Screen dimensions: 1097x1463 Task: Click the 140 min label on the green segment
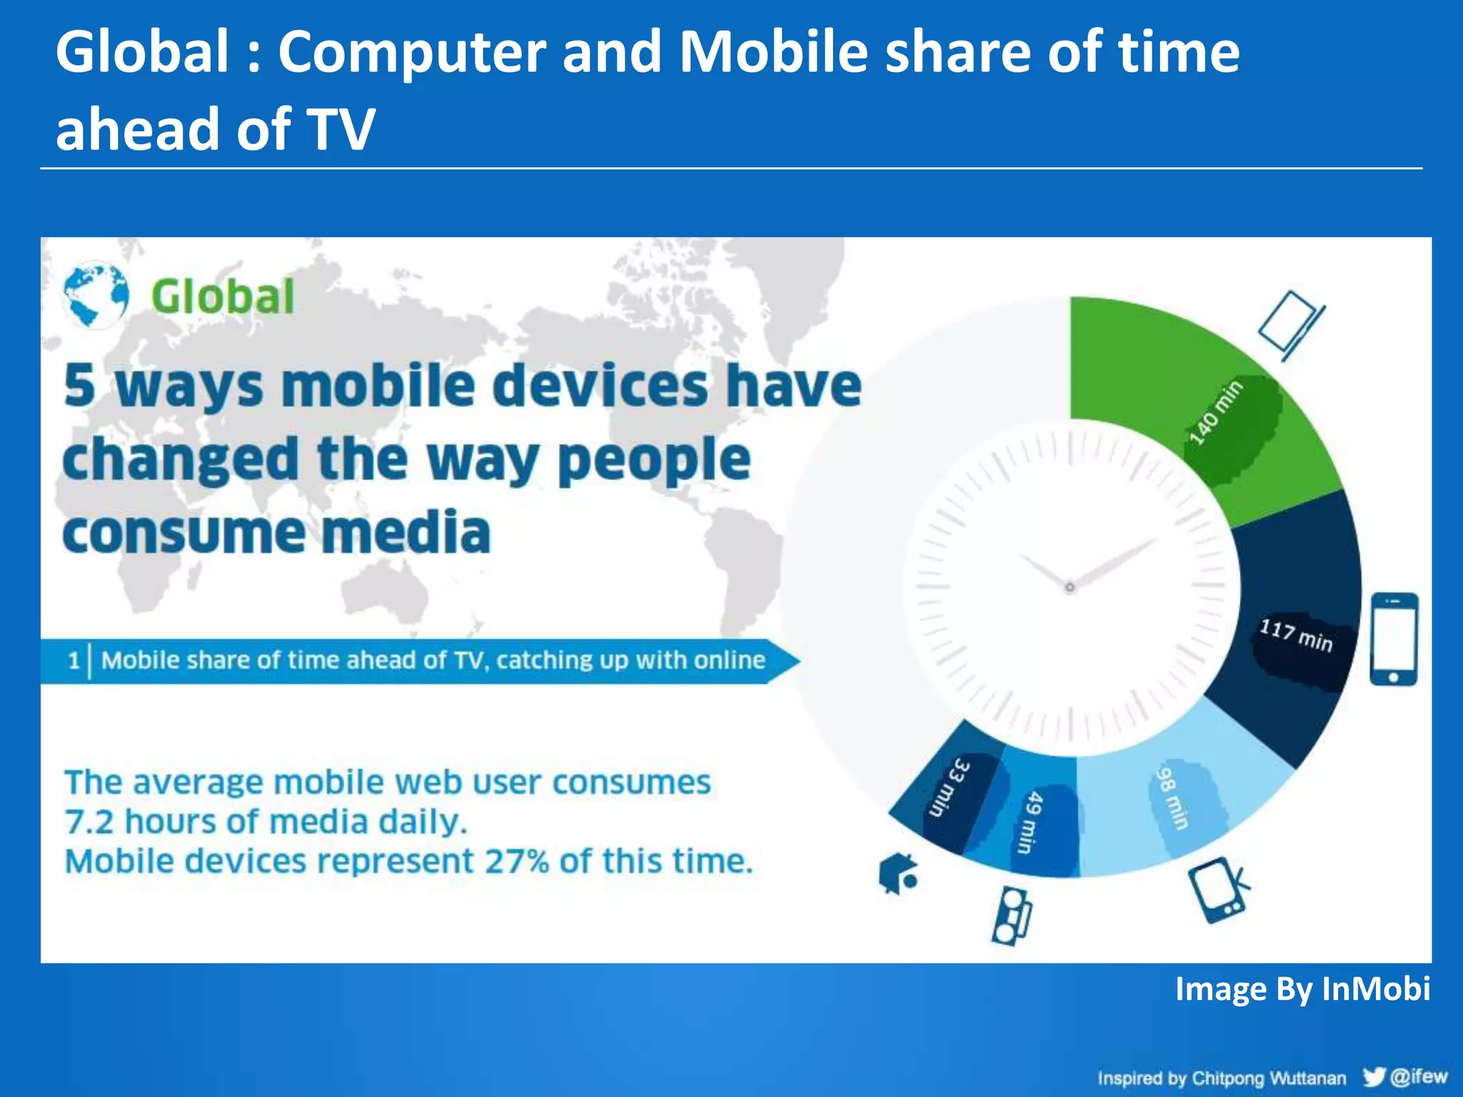tap(1216, 414)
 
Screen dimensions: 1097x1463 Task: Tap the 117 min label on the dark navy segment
tap(1296, 635)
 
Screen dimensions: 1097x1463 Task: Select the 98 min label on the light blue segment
tap(1172, 798)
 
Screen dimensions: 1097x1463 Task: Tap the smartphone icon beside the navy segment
tap(1394, 638)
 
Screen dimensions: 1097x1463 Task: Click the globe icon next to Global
tap(96, 295)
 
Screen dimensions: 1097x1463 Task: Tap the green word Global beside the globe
tap(223, 296)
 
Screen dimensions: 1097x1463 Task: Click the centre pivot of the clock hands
tap(1069, 588)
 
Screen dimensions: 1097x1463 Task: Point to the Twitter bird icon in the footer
tap(1374, 1076)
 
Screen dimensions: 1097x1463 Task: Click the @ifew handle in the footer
tap(1419, 1076)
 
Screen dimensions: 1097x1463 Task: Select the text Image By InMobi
tap(1302, 989)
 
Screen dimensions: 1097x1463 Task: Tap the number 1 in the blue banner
tap(74, 660)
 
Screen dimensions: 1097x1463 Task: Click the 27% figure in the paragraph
tap(516, 861)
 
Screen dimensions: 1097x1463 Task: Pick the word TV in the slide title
tap(341, 129)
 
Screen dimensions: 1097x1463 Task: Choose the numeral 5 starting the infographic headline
tap(79, 386)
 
